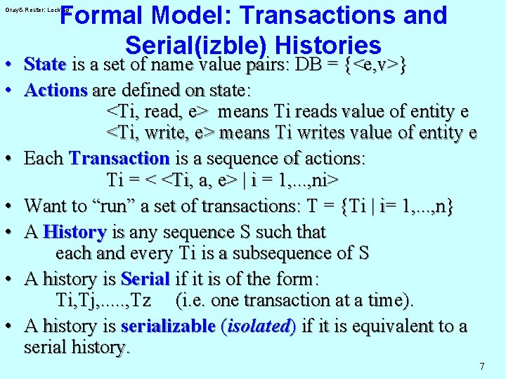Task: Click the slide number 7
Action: [x=481, y=366]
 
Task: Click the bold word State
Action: [x=45, y=65]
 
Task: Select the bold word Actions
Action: [x=56, y=90]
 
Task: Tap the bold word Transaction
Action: [x=119, y=158]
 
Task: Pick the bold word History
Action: [x=74, y=232]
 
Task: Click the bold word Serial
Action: [x=145, y=279]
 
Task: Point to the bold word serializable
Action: [x=168, y=326]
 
